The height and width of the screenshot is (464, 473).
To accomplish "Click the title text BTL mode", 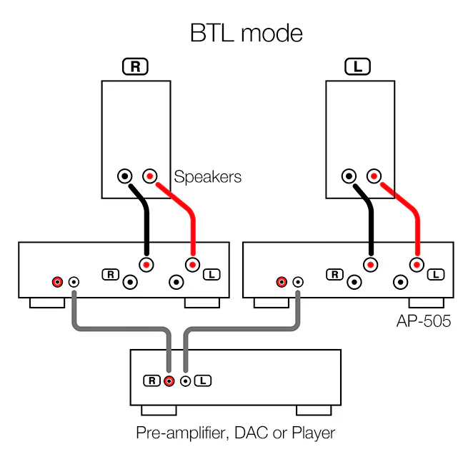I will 246,33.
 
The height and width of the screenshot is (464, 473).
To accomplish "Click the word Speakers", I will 208,176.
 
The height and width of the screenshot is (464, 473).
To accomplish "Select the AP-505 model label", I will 424,321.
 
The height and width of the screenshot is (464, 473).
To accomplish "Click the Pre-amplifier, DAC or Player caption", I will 235,433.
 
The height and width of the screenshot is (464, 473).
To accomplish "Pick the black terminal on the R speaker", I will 126,175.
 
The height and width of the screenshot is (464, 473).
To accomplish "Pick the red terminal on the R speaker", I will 149,175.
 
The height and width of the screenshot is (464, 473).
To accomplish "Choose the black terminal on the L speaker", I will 349,175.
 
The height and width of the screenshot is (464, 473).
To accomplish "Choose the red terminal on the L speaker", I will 373,175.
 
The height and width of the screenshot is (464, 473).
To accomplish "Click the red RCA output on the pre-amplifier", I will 169,380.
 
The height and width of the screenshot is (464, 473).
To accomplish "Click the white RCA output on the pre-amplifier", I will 186,380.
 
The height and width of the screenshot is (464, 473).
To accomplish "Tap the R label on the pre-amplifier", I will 151,380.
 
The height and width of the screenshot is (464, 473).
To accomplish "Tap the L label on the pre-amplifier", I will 203,380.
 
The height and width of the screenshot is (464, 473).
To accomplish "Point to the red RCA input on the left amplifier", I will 57,282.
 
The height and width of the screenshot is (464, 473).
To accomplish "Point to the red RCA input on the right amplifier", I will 282,282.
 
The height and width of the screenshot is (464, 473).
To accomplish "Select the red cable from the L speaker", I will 407,214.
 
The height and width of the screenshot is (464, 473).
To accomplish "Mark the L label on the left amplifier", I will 211,274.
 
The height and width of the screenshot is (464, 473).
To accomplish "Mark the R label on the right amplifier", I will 334,274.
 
